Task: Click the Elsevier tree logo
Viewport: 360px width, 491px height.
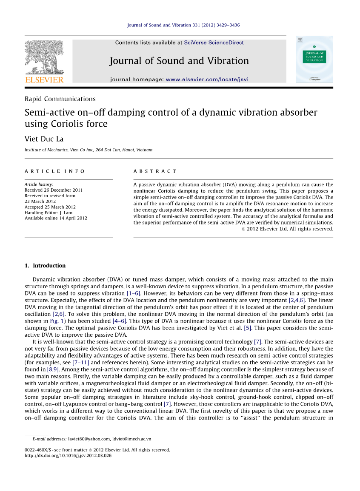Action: point(44,57)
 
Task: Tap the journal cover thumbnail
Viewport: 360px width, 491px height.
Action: point(314,59)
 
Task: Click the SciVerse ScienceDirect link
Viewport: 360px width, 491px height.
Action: point(214,43)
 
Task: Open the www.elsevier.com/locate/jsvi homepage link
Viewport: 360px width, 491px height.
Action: point(207,79)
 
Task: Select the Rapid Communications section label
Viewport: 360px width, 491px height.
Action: point(60,99)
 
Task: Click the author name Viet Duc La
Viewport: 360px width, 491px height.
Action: point(44,139)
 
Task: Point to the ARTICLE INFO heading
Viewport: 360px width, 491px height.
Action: point(55,171)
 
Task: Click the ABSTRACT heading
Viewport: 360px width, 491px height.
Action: point(155,171)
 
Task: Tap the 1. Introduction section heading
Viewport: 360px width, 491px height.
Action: point(45,266)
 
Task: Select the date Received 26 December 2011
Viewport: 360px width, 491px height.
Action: point(54,190)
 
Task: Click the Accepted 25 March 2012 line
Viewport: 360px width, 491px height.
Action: point(50,207)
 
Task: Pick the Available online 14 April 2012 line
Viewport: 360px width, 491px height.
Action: point(56,218)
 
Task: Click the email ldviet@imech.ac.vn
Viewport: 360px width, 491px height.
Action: point(131,439)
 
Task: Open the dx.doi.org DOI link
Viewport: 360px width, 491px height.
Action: point(68,455)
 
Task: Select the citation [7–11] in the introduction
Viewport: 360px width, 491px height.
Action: point(81,363)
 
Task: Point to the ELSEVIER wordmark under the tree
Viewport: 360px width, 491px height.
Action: point(44,79)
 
